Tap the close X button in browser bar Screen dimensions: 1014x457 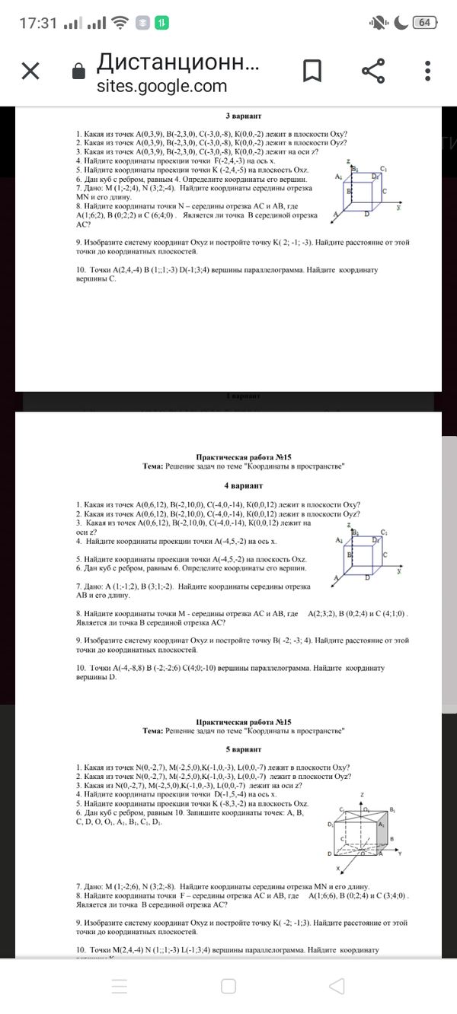(30, 72)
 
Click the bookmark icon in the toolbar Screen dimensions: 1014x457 (312, 72)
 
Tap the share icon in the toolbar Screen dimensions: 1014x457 (372, 72)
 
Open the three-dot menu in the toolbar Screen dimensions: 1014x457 (430, 72)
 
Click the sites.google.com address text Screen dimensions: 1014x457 (161, 86)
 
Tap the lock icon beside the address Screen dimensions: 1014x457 (77, 72)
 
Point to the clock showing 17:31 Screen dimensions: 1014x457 (38, 23)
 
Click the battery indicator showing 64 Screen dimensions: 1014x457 (424, 23)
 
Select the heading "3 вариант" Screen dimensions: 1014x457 (244, 116)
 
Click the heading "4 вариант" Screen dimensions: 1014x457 (244, 485)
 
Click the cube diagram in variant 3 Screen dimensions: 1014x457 (367, 190)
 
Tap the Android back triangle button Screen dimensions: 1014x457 (337, 987)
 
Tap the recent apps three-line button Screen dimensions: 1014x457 (120, 987)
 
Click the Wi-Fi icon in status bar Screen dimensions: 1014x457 (120, 23)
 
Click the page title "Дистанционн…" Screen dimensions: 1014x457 (178, 62)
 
